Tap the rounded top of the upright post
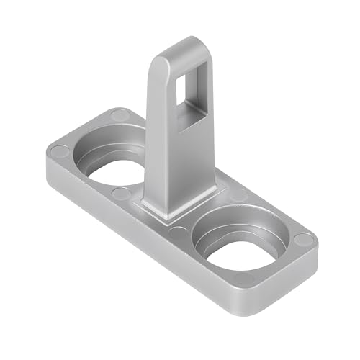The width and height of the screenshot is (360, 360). tap(184, 45)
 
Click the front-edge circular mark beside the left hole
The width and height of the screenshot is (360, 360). tap(121, 194)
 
